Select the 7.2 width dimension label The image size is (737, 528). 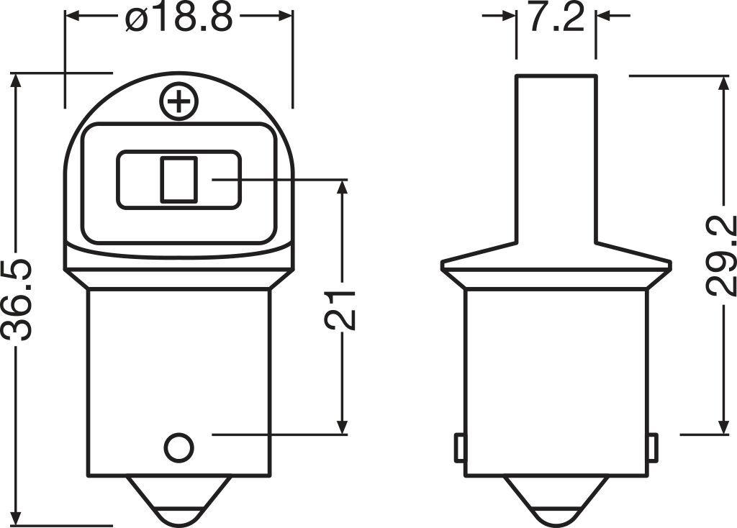click(x=555, y=18)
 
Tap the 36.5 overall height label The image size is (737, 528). click(x=19, y=299)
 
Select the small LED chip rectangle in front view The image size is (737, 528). click(x=178, y=179)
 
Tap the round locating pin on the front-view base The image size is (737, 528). click(x=178, y=448)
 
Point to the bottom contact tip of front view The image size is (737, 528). click(x=178, y=504)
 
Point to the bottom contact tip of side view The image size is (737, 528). click(x=555, y=504)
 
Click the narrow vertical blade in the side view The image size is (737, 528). click(x=556, y=158)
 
